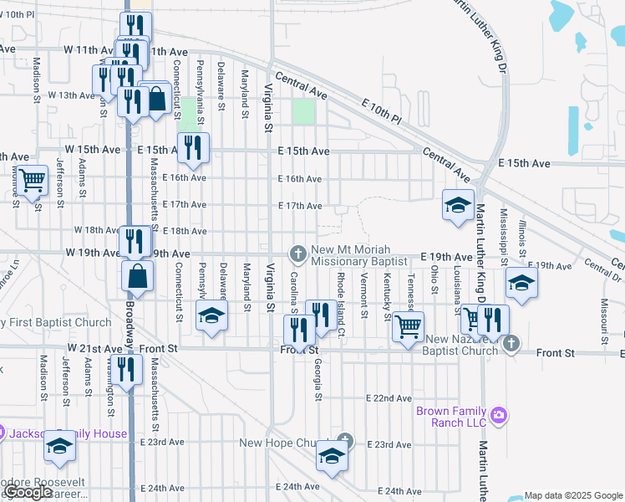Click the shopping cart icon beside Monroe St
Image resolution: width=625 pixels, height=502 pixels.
(x=32, y=179)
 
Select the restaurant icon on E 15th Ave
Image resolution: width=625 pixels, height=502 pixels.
(x=193, y=148)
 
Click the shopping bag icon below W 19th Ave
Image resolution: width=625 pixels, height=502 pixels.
(x=136, y=275)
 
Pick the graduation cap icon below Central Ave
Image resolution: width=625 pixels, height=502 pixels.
(x=458, y=204)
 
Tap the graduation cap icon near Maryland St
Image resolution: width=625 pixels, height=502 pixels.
(x=211, y=316)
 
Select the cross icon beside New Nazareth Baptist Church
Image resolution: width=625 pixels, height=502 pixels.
(x=511, y=344)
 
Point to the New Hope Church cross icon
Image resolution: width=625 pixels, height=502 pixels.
(x=344, y=441)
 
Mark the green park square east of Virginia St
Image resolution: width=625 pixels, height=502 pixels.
(x=303, y=112)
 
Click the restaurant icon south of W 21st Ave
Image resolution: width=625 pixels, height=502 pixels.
(x=125, y=369)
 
